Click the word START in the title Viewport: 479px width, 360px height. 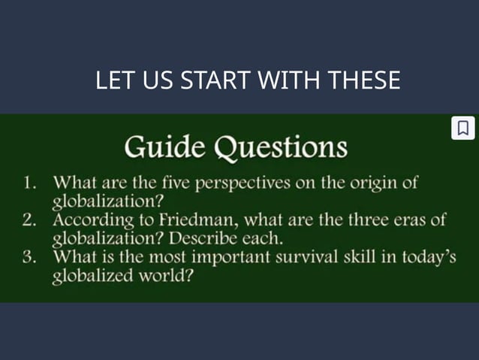[x=214, y=80]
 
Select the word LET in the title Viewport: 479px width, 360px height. [x=113, y=80]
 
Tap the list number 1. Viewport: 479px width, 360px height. [x=29, y=183]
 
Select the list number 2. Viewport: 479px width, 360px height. [x=29, y=221]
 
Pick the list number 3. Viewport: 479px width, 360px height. [x=29, y=258]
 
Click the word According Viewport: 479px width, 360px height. [x=88, y=220]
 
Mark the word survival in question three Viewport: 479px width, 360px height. [x=314, y=258]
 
